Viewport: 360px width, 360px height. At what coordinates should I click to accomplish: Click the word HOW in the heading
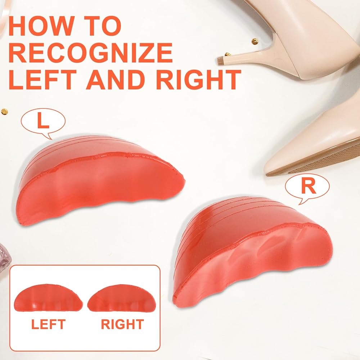pos(41,26)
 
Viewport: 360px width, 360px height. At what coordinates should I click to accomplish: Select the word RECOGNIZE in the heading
pos(90,53)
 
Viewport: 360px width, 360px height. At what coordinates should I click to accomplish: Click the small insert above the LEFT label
pos(48,298)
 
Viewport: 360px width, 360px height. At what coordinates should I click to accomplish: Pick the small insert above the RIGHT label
pos(122,298)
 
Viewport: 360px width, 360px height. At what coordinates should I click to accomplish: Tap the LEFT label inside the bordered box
pos(49,324)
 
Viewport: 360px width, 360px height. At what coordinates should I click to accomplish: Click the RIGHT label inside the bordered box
pos(122,324)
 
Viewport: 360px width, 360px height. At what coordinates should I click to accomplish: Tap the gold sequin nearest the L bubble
pos(4,112)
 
